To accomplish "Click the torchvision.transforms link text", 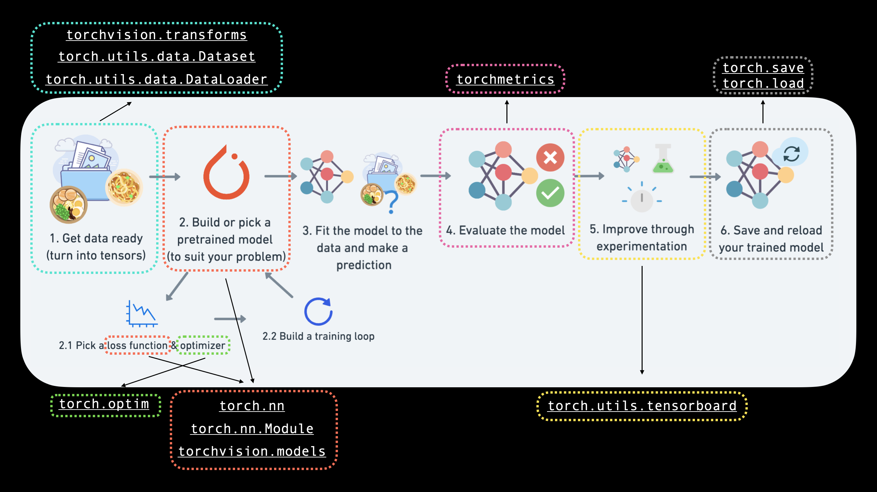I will pos(156,35).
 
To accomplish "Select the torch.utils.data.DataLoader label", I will pos(156,79).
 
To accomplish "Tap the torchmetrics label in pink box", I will pos(505,79).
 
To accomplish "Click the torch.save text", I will pos(763,68).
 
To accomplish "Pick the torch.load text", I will pos(763,83).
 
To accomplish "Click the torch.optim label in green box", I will pos(104,404).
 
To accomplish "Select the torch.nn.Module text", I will pos(252,429).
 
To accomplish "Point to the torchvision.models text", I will pos(252,451).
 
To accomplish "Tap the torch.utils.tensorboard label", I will pos(642,406).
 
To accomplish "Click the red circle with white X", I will pos(550,158).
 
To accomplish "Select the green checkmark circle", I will pos(550,193).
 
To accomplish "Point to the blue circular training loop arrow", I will pos(318,311).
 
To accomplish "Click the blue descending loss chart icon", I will pos(142,314).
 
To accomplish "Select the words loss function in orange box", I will pos(137,345).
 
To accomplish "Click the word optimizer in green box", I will pos(203,345).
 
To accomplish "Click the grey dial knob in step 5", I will pos(642,200).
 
